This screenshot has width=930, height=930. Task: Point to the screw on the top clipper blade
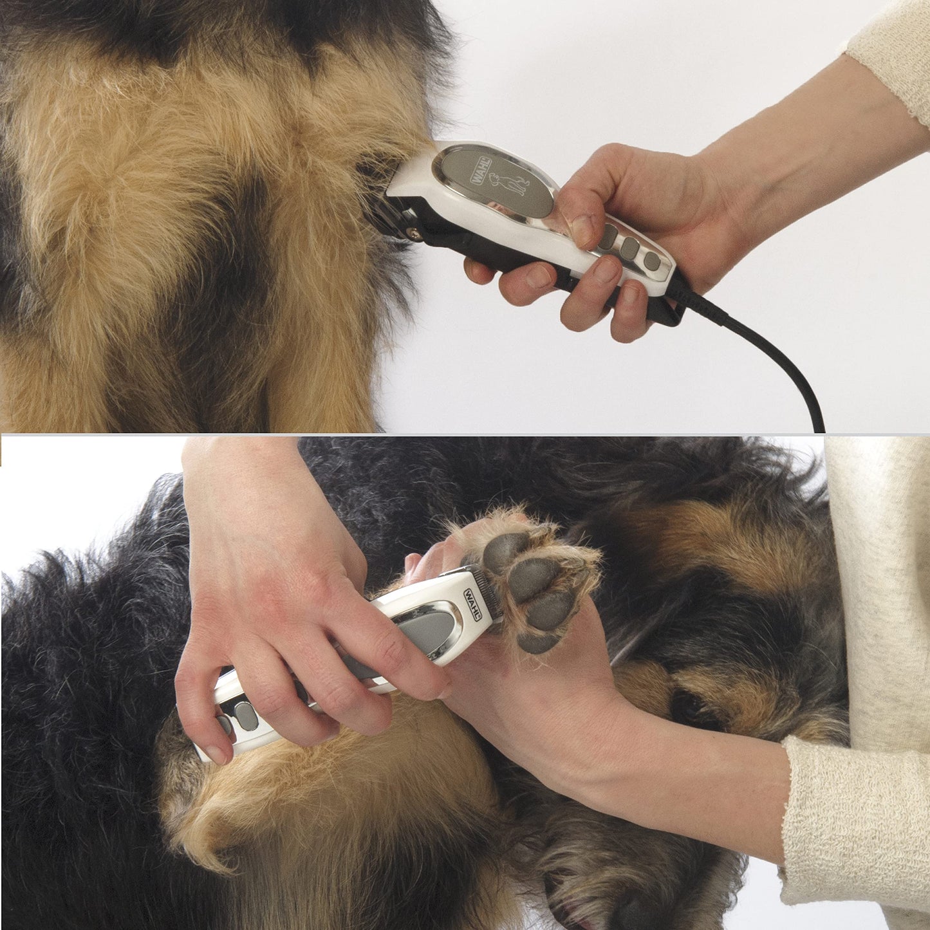point(414,235)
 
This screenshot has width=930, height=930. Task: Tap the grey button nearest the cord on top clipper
point(651,260)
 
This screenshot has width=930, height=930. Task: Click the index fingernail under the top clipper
point(539,276)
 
